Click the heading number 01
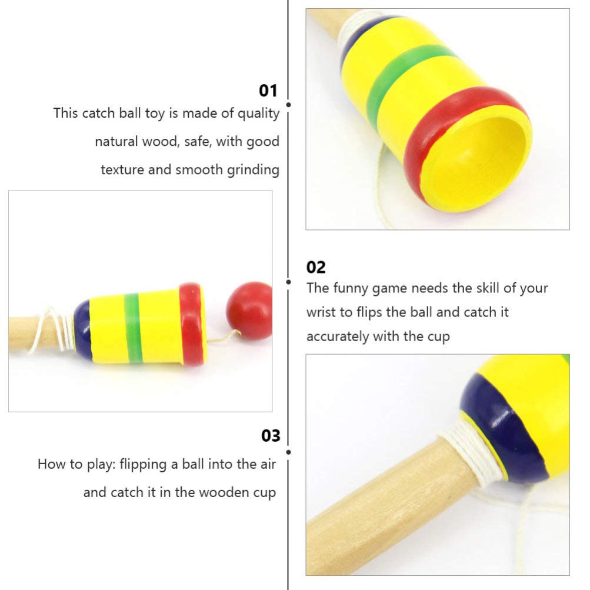tap(268, 91)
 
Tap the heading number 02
tap(316, 267)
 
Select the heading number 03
tap(271, 436)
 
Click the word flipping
tap(144, 464)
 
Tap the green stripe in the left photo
tap(133, 326)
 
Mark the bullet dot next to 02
tap(288, 282)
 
